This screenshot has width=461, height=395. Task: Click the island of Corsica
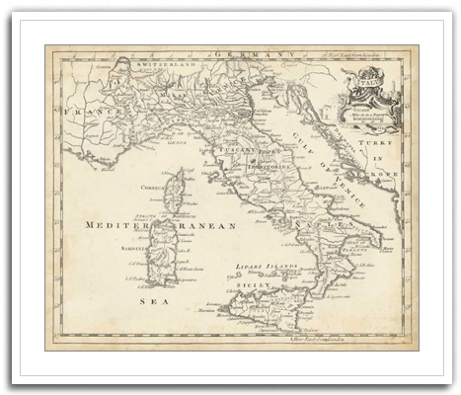tap(174, 190)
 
